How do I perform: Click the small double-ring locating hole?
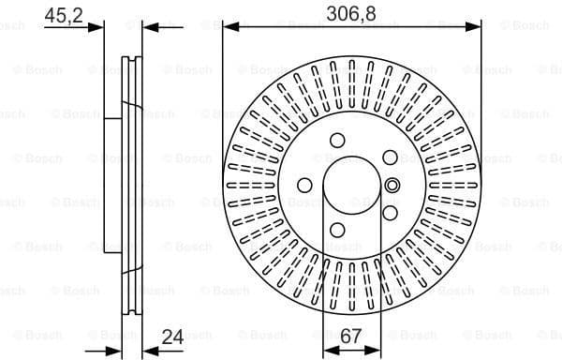(x=392, y=185)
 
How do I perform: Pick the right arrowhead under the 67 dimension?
(x=378, y=346)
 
